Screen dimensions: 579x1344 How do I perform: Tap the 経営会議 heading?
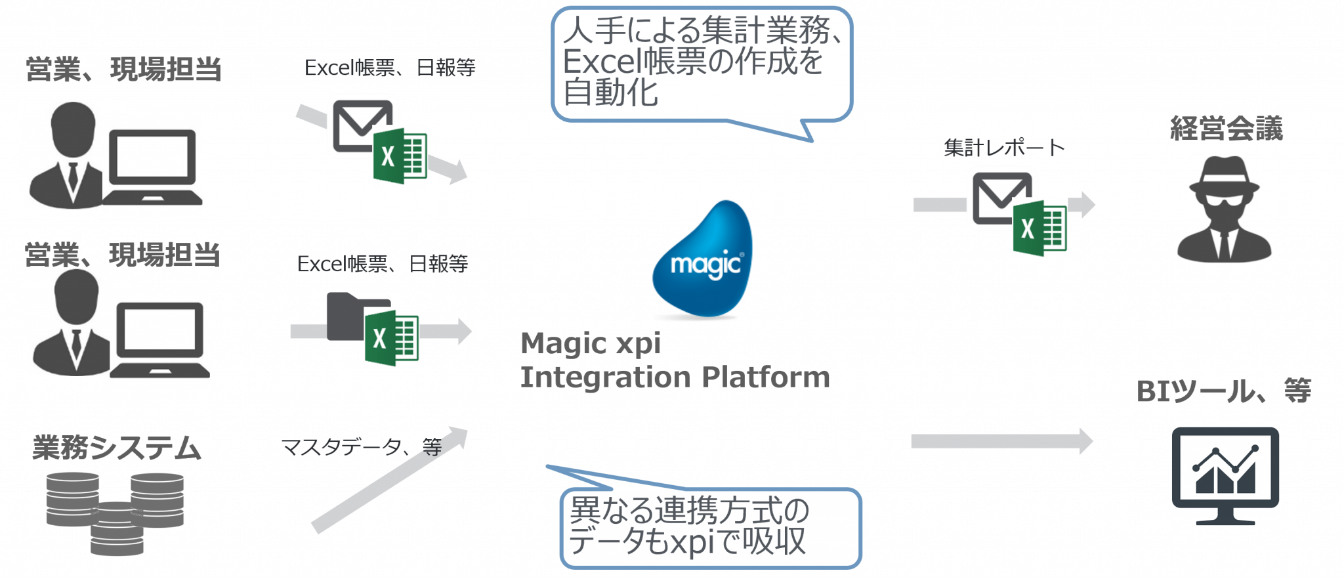click(1226, 128)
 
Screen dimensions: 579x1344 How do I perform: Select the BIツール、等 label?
click(1223, 391)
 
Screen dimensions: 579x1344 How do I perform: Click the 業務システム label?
click(117, 448)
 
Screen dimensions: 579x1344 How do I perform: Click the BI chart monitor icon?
click(1225, 476)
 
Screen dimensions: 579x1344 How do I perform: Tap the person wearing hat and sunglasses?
click(1225, 210)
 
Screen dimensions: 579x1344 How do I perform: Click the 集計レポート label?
click(1004, 148)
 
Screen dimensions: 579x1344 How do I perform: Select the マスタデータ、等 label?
click(361, 447)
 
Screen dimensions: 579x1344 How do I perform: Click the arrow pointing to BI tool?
click(1001, 441)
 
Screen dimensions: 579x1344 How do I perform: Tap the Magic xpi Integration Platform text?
click(675, 360)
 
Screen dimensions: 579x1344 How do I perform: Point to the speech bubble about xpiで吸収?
click(710, 528)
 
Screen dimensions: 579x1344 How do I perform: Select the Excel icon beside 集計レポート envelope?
click(1039, 230)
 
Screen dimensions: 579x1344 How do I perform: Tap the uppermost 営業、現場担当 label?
click(123, 69)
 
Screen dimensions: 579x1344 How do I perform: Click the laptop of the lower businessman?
click(160, 341)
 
